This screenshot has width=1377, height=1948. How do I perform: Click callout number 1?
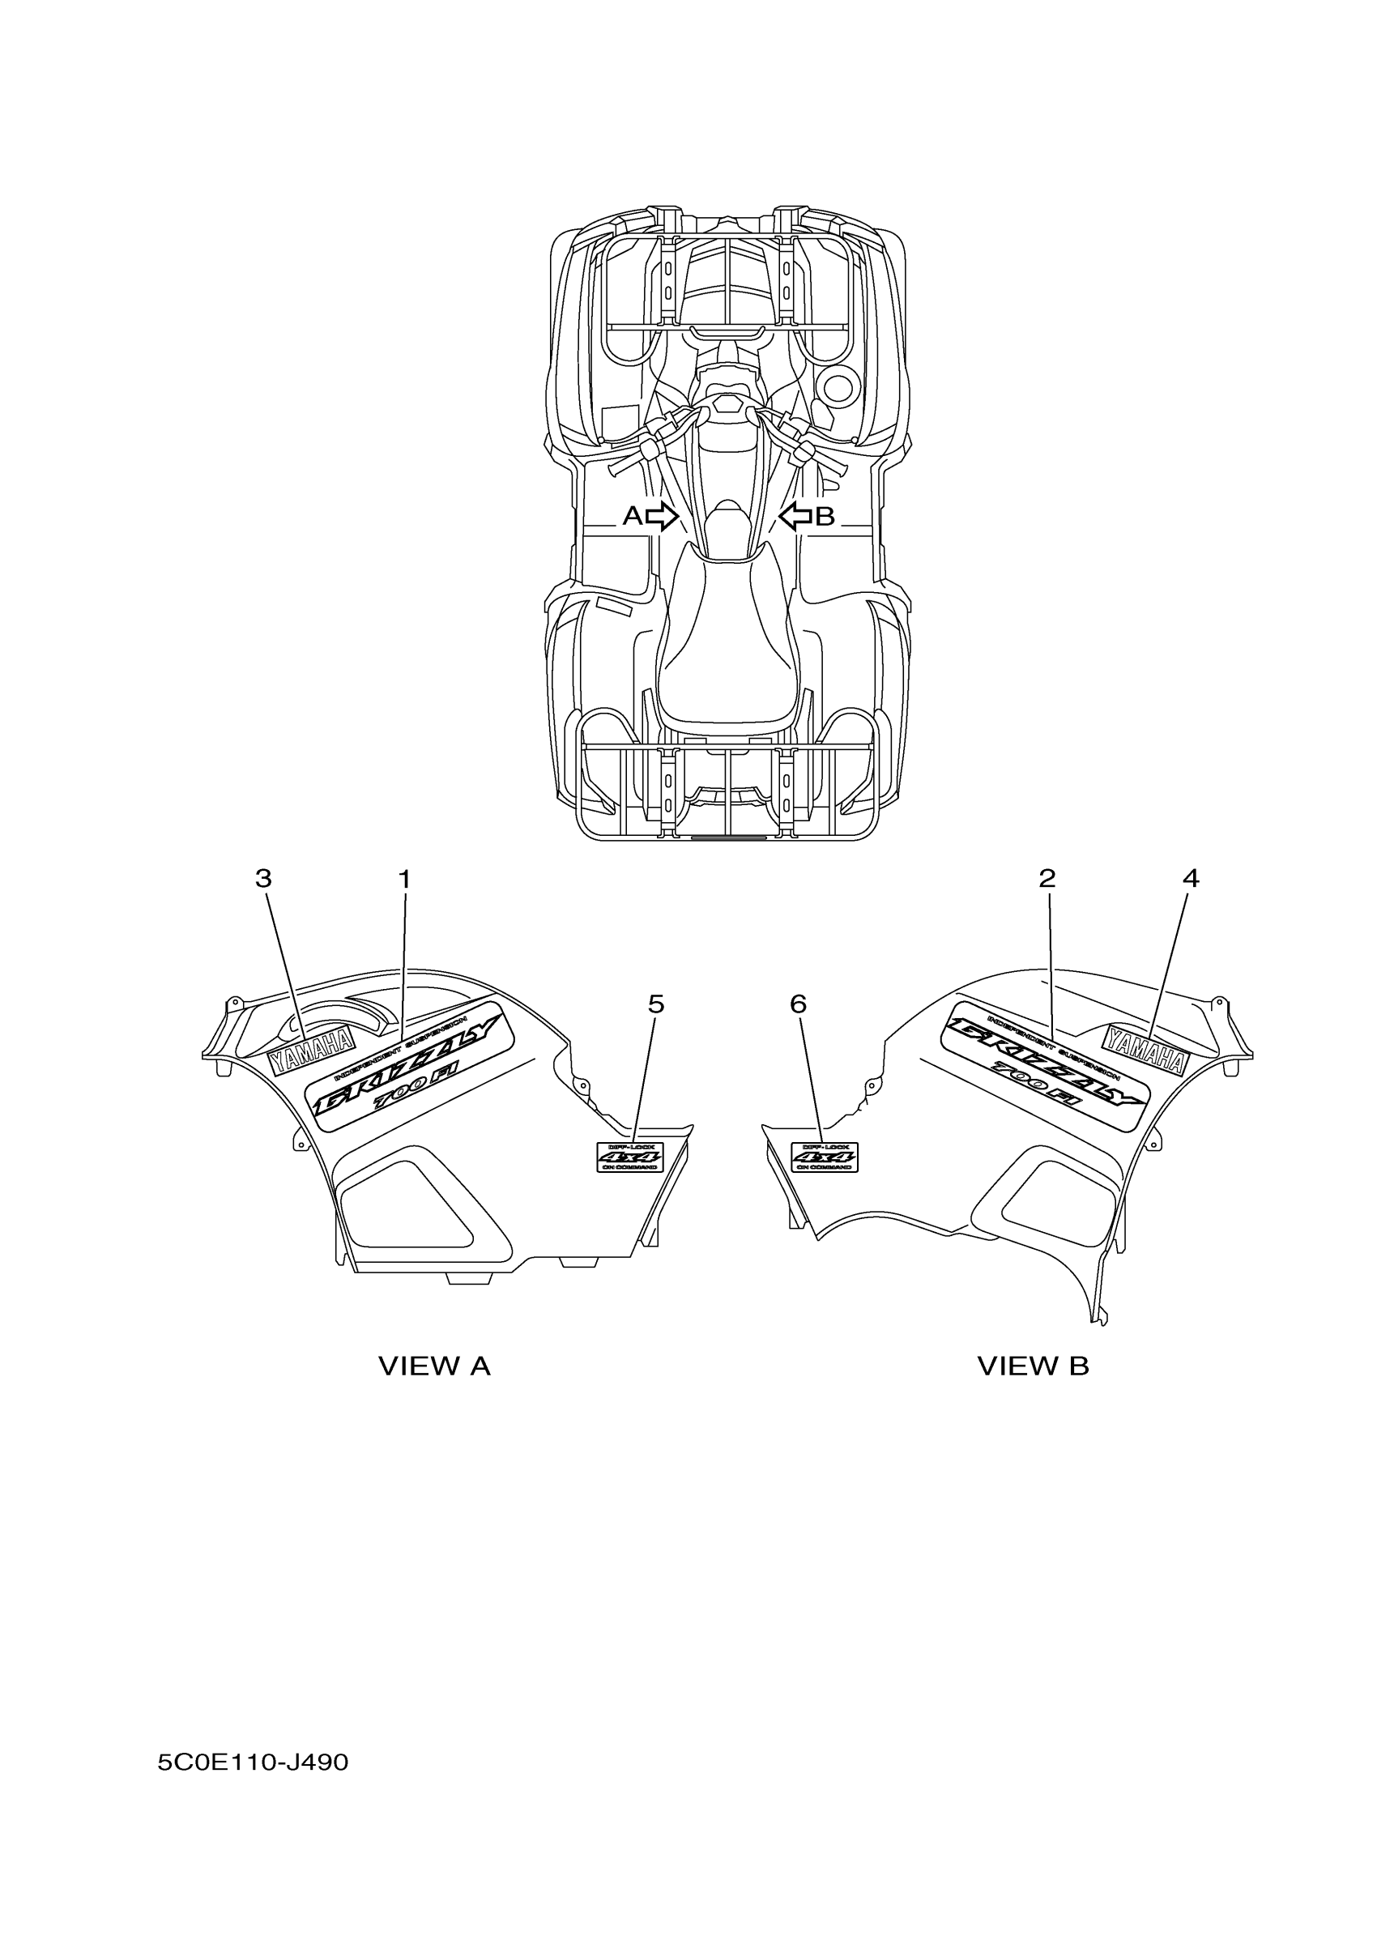coord(405,879)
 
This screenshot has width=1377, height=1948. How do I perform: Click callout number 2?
coord(1047,878)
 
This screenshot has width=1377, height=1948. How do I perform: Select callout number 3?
coord(264,879)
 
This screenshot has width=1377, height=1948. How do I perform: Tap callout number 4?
coord(1191,878)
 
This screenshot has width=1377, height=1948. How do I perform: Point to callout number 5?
coord(656,1004)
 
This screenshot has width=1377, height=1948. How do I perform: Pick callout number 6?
coord(798,1004)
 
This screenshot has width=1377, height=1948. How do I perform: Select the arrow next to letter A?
coord(662,515)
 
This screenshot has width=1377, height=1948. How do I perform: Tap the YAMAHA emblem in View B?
coord(1145,1049)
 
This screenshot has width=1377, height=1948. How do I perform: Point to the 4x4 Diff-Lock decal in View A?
coord(629,1156)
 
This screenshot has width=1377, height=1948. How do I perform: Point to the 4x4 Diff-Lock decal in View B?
coord(824,1157)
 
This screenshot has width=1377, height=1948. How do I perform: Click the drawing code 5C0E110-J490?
coord(253,1763)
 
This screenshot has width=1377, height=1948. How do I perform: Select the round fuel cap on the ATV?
coord(838,388)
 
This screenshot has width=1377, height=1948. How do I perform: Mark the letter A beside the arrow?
coord(633,515)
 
